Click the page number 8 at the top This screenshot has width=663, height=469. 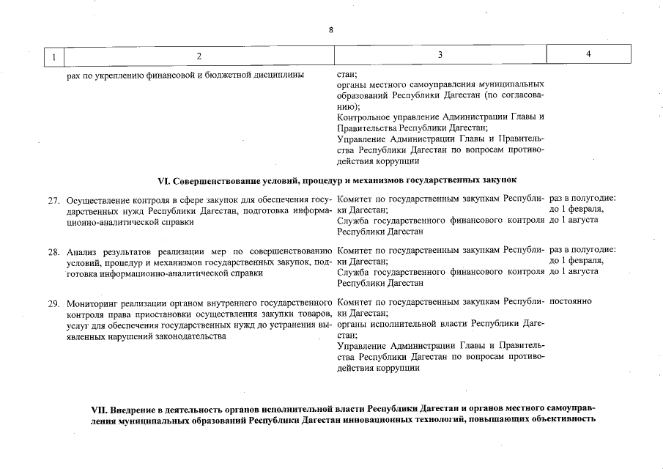pyautogui.click(x=331, y=30)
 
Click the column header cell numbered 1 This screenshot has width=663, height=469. pyautogui.click(x=53, y=56)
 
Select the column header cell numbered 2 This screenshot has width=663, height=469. pyautogui.click(x=199, y=56)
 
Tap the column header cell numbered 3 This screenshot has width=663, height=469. pyautogui.click(x=440, y=55)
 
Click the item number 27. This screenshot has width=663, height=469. pyautogui.click(x=53, y=200)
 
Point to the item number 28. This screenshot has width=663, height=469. pyautogui.click(x=53, y=251)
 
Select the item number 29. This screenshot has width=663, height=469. pyautogui.click(x=53, y=303)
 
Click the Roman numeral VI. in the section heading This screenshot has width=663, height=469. pyautogui.click(x=164, y=179)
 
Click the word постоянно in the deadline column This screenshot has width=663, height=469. pyautogui.click(x=571, y=301)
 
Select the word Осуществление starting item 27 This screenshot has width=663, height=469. pyautogui.click(x=100, y=200)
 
